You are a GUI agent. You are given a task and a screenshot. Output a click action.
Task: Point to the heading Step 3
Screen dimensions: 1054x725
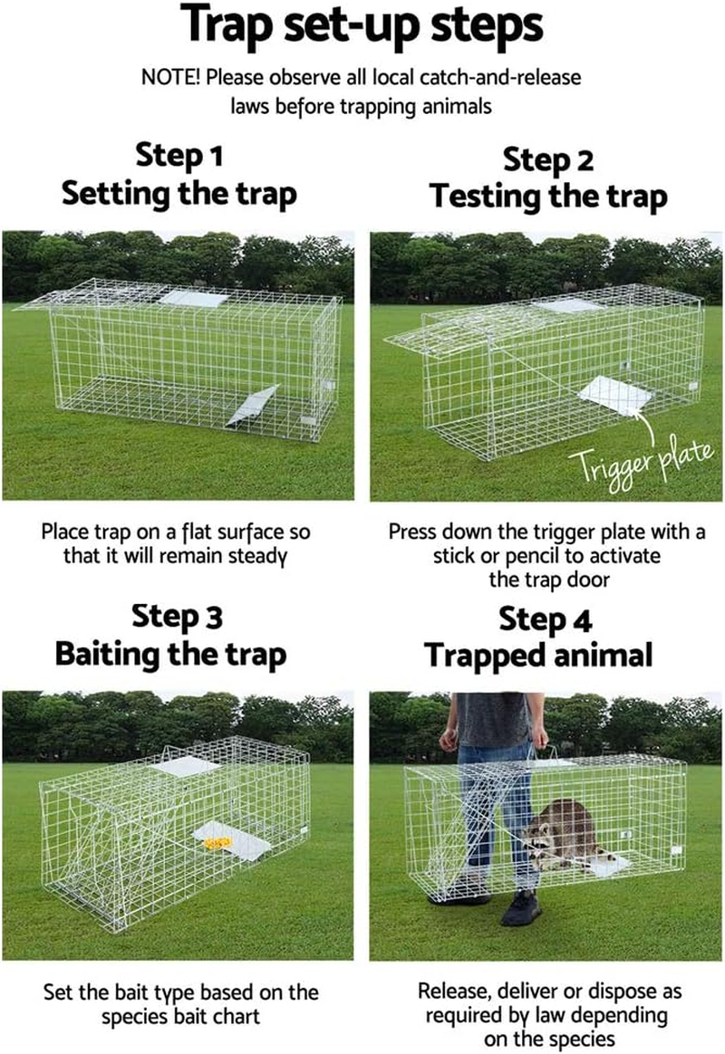[x=177, y=618]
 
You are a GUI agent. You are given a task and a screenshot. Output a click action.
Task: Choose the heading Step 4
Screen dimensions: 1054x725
[x=546, y=621]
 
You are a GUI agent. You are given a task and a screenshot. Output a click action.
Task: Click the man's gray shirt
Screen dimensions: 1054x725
[x=494, y=720]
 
